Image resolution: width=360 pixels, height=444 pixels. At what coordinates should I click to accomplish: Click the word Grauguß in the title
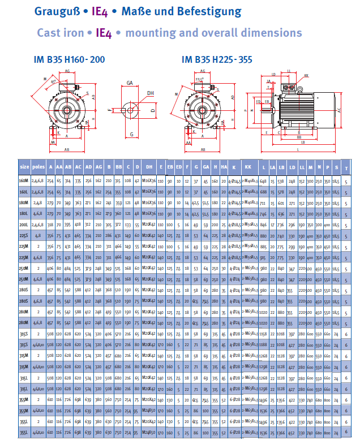point(55,11)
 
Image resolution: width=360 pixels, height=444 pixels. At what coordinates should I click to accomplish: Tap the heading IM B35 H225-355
point(217,59)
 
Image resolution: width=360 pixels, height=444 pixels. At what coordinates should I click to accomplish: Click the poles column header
point(38,167)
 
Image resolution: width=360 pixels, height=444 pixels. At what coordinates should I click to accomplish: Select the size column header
point(24,167)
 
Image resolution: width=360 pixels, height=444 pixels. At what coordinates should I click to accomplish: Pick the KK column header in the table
point(248,167)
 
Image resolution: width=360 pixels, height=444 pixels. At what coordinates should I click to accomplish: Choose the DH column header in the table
point(149,167)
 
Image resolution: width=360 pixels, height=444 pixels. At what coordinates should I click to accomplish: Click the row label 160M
point(24,180)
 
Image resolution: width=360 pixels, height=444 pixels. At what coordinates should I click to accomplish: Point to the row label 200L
point(24,225)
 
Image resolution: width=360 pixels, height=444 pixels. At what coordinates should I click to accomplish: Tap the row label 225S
point(24,235)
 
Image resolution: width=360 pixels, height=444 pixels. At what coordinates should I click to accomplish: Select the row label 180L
point(24,213)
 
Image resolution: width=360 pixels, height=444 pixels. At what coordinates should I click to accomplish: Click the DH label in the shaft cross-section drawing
point(151,93)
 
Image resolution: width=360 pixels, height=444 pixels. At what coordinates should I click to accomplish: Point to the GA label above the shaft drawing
point(130,83)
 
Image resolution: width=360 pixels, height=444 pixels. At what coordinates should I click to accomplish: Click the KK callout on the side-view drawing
point(306,75)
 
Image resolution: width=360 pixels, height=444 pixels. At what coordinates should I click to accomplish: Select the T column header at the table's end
point(346,167)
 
